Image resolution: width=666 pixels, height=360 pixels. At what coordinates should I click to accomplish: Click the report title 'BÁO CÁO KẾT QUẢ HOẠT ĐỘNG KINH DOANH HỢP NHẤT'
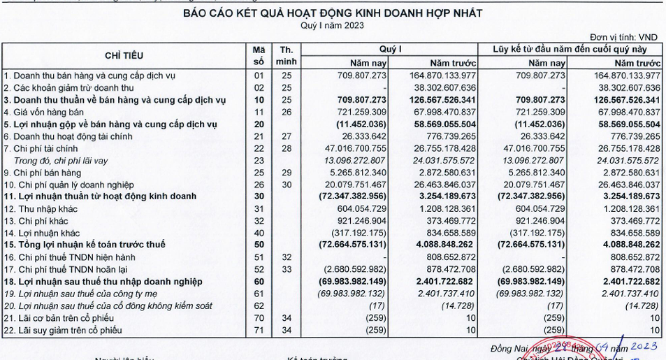coord(333,13)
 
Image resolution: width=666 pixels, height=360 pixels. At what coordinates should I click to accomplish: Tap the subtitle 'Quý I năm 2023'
coord(333,26)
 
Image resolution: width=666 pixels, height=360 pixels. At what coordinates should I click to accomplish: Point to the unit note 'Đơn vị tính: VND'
coord(624,37)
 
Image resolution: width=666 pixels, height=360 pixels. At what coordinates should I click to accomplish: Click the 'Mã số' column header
coord(259,55)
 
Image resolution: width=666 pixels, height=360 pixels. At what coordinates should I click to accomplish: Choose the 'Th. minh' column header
coord(286,55)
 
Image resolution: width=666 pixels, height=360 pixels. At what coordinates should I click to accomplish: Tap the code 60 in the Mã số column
coord(259,281)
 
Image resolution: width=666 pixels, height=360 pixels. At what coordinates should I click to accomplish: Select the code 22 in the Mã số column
coord(259,148)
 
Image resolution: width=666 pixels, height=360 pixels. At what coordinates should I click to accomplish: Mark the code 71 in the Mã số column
coord(259,330)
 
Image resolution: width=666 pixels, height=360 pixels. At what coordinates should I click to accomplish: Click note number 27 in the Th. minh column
coord(286,136)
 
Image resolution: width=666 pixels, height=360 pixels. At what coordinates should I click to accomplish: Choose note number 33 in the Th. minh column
coord(286,269)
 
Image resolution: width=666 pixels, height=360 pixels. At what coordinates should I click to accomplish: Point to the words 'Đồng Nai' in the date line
coord(509,347)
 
